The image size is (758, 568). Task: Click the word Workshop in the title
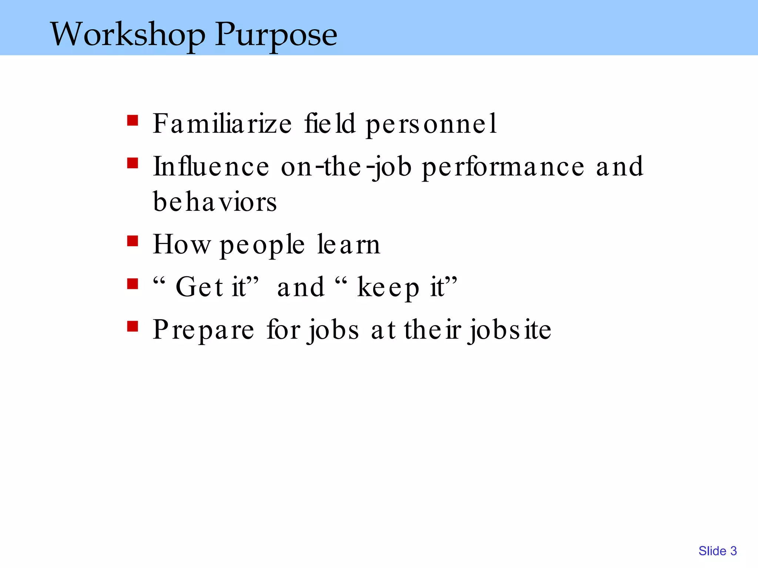tap(128, 34)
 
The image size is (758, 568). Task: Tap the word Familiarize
tap(222, 124)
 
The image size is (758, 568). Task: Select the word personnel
tap(431, 124)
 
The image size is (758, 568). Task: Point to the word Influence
tap(211, 166)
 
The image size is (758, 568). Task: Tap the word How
tap(181, 244)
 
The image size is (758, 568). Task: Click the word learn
tap(349, 244)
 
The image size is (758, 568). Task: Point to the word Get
tap(199, 287)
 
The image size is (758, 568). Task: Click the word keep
tap(388, 288)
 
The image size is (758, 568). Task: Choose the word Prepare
tap(204, 330)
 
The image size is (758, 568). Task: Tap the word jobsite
tap(509, 330)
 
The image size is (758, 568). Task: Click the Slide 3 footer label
tap(717, 551)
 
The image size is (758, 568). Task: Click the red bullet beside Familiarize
tap(133, 121)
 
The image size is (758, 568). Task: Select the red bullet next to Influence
tap(133, 163)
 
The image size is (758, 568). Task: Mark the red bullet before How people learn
tap(133, 241)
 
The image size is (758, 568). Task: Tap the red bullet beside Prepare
tap(133, 327)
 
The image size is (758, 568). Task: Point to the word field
tap(330, 124)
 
